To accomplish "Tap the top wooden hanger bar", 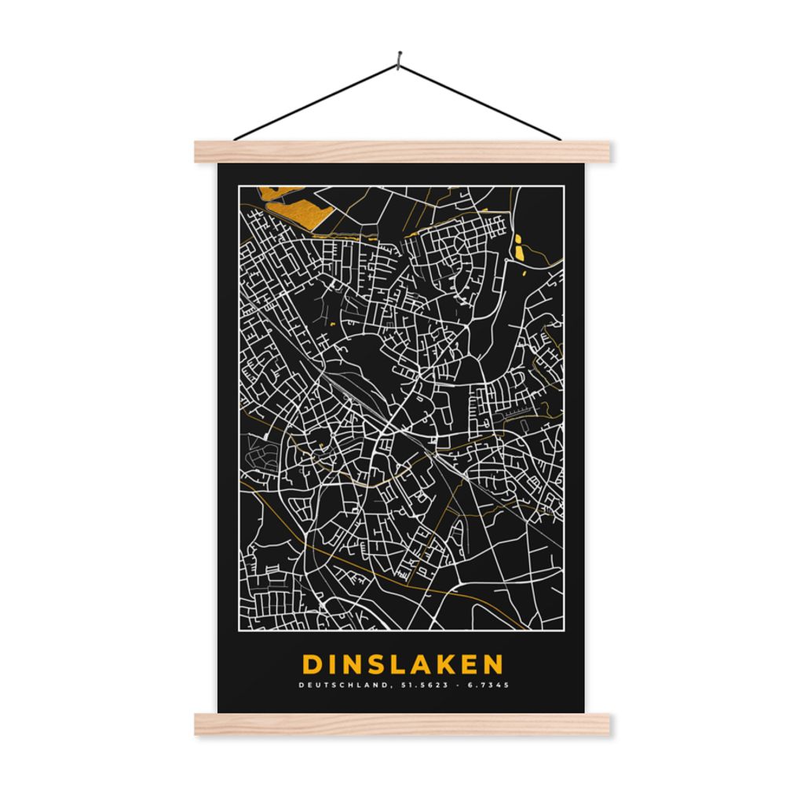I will tap(402, 152).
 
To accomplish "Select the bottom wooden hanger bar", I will tap(402, 725).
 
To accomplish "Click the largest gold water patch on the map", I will tap(294, 206).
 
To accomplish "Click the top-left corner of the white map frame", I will tap(239, 186).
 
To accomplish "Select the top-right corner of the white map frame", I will tap(563, 186).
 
